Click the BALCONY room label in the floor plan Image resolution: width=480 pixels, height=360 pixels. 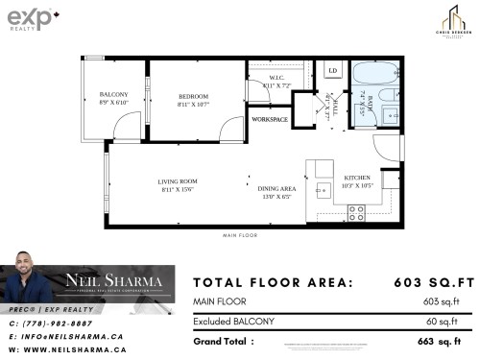113,95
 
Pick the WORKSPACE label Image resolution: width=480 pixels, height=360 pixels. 270,119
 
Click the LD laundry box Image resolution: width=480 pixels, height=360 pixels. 332,71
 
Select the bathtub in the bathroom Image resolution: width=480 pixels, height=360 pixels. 370,75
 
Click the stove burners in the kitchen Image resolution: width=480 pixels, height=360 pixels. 355,213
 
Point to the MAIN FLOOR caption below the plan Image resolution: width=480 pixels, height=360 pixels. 241,234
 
